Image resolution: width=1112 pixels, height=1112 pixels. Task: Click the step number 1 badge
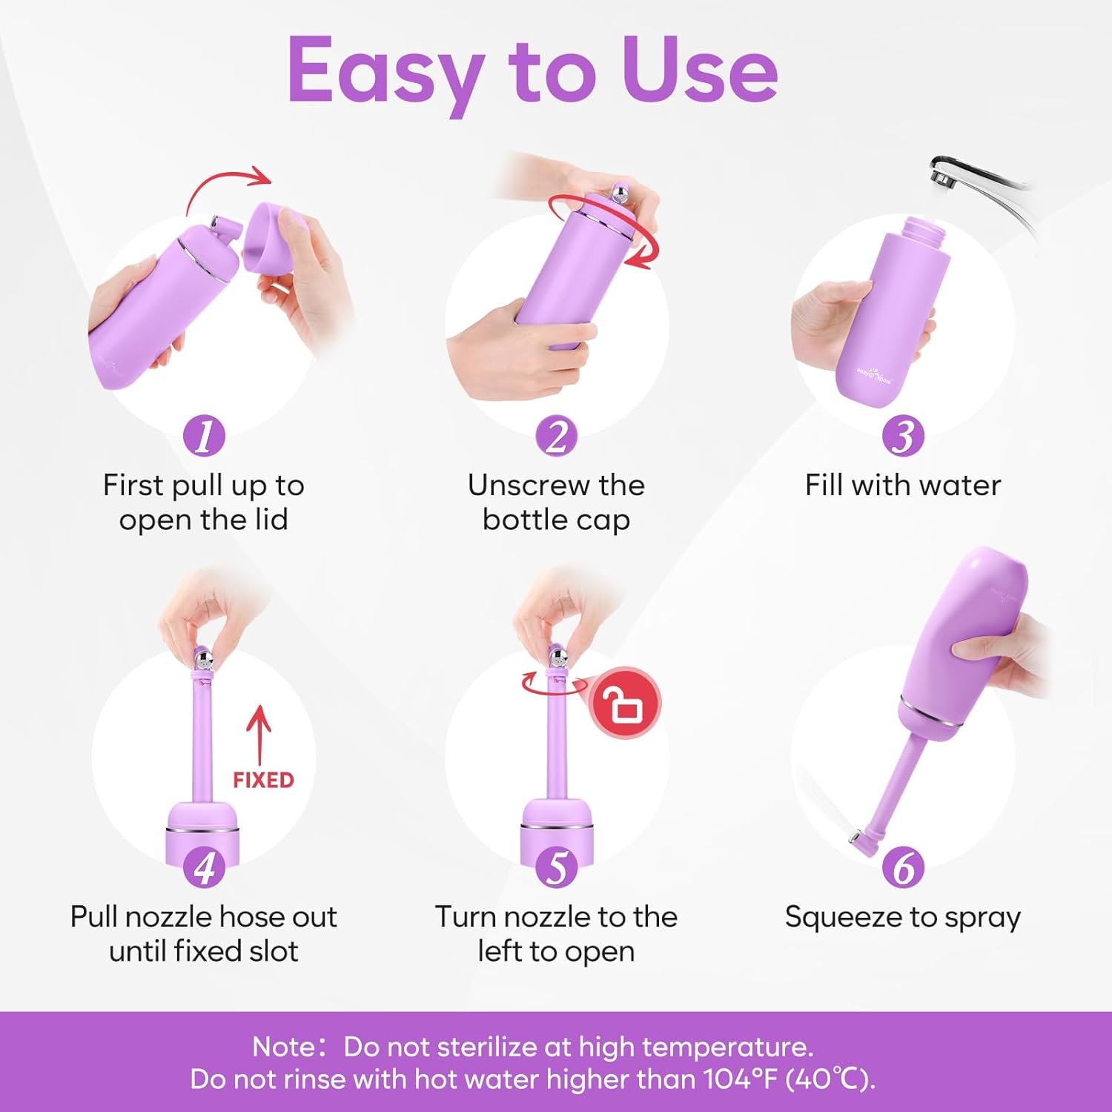coord(204,435)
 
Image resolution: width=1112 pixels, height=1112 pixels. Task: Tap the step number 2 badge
coord(556,435)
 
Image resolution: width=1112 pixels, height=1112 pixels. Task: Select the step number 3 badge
coord(903,435)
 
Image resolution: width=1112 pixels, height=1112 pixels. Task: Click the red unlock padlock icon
coord(625,703)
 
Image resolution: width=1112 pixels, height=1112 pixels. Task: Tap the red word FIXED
coord(263,780)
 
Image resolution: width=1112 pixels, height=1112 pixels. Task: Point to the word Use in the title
coord(700,71)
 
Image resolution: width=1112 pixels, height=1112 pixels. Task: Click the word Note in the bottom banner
coord(284,1047)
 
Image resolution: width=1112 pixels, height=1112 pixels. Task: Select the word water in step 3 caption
coord(963,486)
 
